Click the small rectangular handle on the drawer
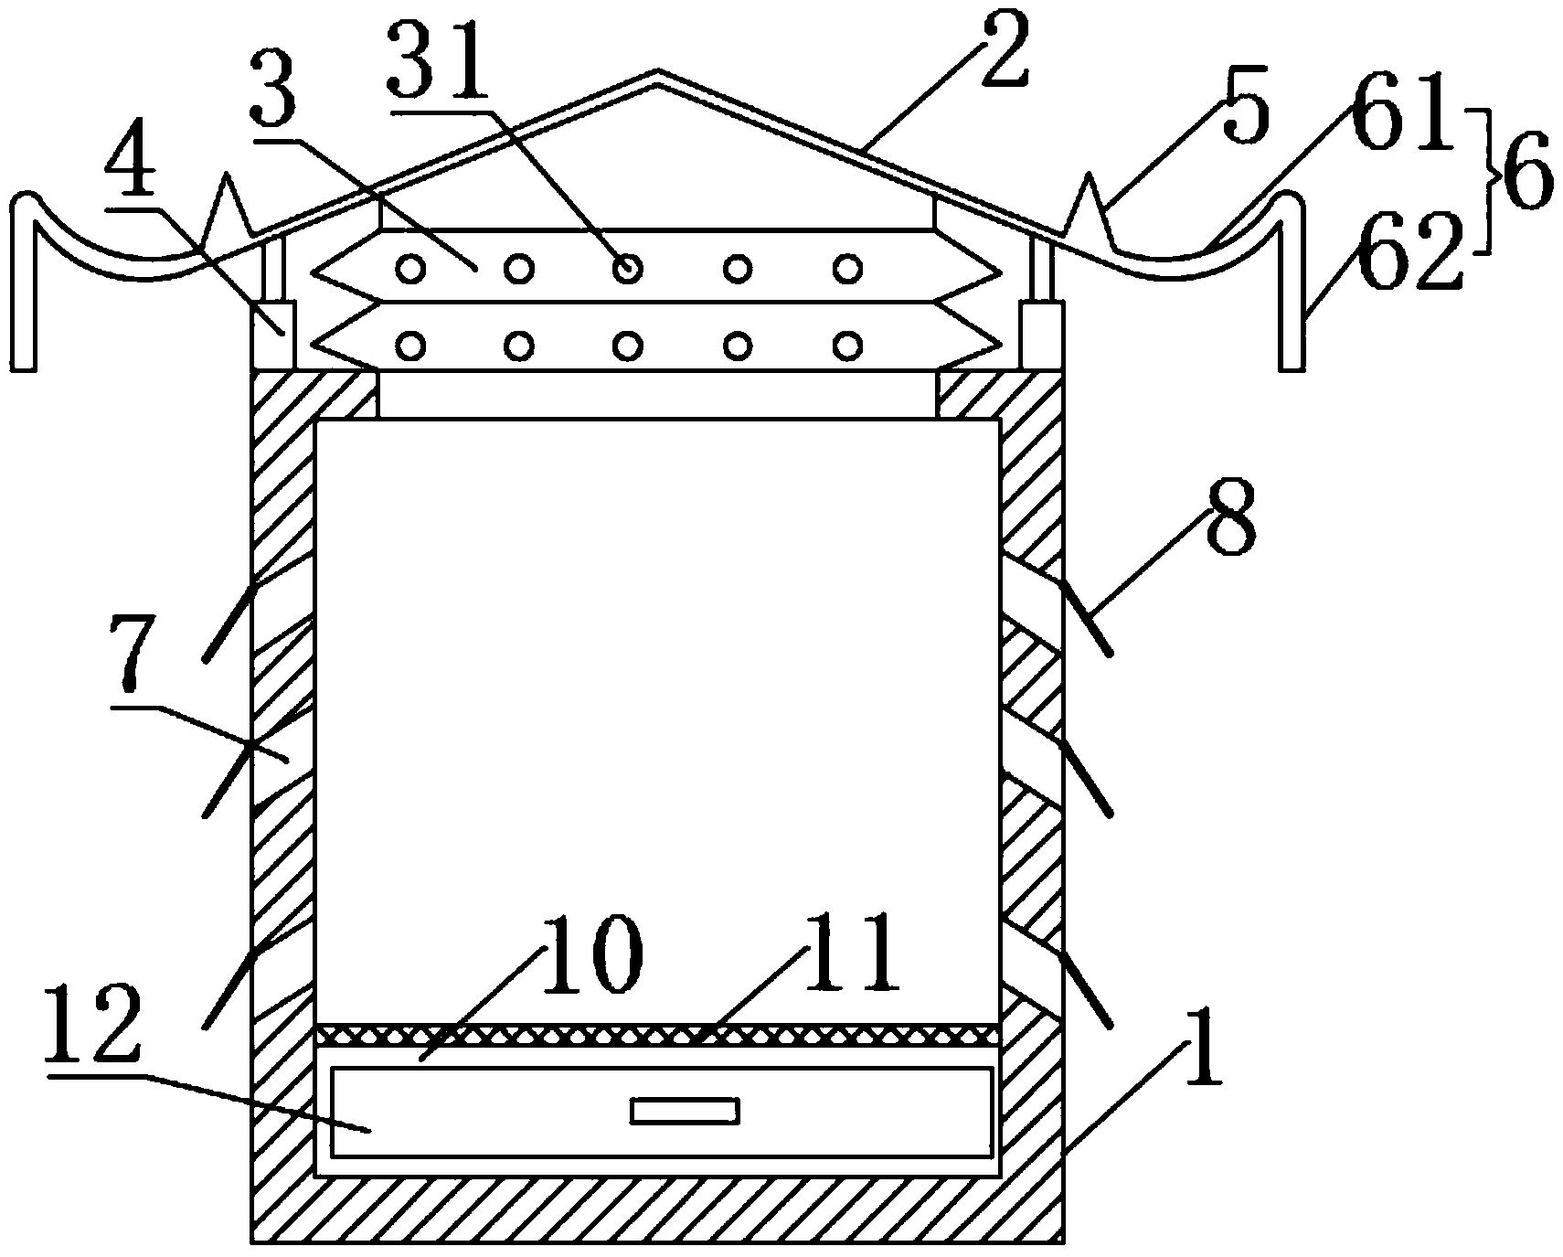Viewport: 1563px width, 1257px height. [x=685, y=1111]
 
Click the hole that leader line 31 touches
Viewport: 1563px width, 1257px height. [x=627, y=269]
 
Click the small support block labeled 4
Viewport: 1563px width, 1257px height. [x=272, y=335]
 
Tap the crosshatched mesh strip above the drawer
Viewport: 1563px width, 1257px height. [x=657, y=1035]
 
